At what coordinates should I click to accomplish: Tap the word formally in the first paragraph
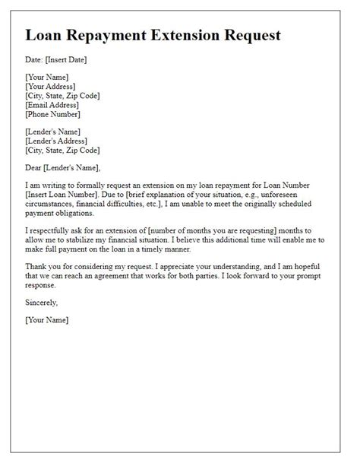tap(96, 187)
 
